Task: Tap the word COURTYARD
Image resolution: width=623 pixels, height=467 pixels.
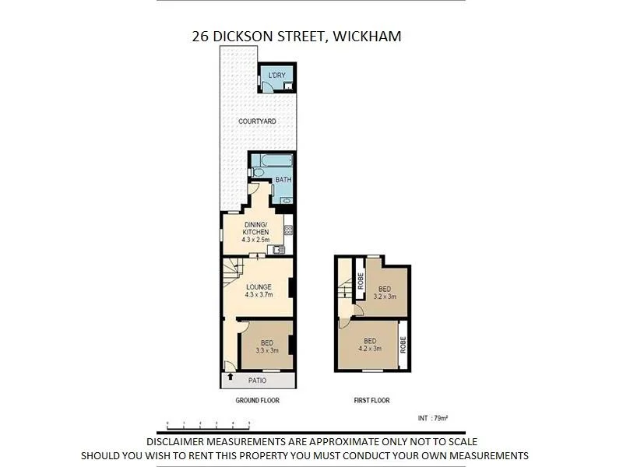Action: pos(259,121)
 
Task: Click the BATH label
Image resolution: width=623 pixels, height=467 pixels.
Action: pos(283,181)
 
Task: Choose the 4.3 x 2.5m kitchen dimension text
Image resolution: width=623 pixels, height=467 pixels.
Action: pos(256,241)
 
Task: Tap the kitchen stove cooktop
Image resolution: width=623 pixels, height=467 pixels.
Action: pos(287,230)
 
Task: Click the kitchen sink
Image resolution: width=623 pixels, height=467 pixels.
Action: pos(281,249)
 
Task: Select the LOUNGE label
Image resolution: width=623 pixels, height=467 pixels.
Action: pos(258,286)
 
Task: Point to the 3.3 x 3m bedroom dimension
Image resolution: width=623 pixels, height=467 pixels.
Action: pos(266,351)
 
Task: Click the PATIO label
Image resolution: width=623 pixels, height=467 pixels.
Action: pos(257,381)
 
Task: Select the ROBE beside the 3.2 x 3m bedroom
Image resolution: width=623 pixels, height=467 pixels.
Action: pos(361,282)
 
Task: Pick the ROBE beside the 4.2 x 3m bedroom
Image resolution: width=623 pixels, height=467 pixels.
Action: pos(403,344)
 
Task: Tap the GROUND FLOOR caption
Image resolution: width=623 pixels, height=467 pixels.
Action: pos(257,401)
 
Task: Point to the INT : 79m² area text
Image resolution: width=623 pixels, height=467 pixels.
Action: pos(434,419)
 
